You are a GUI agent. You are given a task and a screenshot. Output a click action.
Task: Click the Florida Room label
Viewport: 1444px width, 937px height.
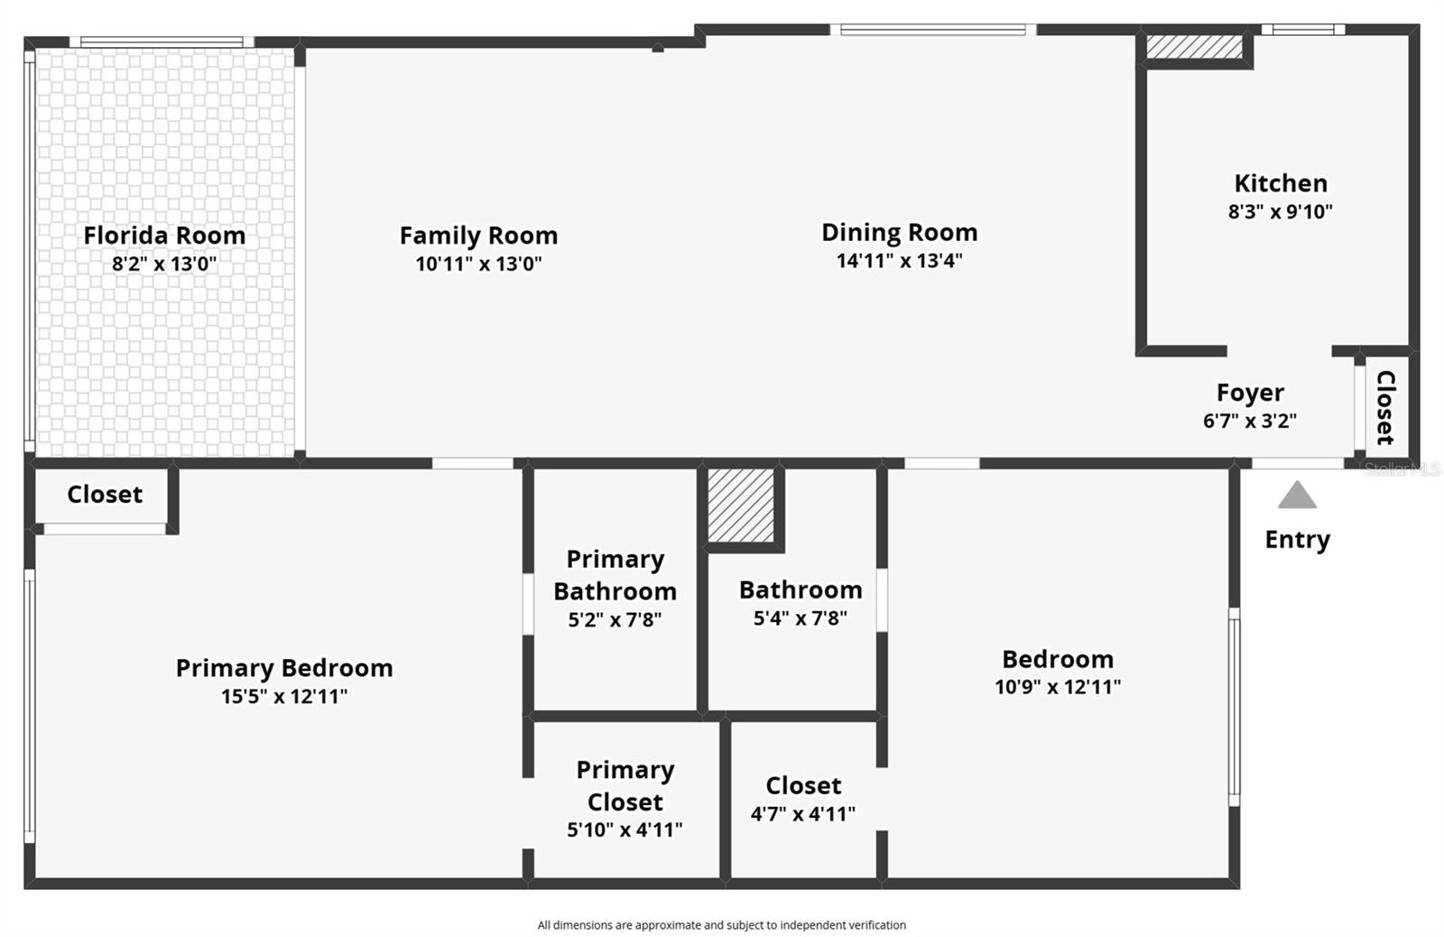click(x=164, y=236)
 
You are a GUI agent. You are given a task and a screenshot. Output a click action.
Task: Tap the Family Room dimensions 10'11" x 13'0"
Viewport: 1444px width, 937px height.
click(x=478, y=264)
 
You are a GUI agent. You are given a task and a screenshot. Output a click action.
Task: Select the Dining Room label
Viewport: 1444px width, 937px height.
click(x=899, y=232)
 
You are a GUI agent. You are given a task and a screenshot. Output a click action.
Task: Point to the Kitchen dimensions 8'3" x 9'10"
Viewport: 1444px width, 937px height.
click(x=1281, y=211)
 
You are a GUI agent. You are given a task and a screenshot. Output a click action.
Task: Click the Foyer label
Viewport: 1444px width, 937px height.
click(x=1250, y=393)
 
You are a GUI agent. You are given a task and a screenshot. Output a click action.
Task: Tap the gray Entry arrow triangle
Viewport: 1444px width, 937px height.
click(x=1297, y=496)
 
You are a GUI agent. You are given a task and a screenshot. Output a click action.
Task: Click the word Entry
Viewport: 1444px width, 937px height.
click(x=1297, y=540)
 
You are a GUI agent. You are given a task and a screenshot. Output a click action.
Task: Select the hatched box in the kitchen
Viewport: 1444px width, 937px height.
click(x=1194, y=46)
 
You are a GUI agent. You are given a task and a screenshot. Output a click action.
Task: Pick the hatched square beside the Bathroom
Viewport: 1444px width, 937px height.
click(x=741, y=506)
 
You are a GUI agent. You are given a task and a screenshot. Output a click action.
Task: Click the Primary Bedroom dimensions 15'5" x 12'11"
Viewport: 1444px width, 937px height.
click(x=284, y=697)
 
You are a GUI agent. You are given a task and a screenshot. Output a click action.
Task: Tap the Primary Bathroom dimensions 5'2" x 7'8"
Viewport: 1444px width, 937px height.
click(x=615, y=620)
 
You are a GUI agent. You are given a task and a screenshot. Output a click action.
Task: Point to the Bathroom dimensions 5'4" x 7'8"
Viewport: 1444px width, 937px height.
click(x=800, y=617)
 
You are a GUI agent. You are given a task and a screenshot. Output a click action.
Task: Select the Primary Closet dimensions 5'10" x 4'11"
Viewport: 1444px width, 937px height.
click(x=625, y=830)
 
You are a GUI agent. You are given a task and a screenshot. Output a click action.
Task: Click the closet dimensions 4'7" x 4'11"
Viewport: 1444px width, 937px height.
click(x=802, y=814)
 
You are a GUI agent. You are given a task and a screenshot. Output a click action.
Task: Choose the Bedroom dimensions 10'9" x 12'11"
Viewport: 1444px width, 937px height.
click(x=1058, y=687)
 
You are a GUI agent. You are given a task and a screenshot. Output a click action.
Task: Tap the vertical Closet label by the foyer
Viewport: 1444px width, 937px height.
click(x=1385, y=407)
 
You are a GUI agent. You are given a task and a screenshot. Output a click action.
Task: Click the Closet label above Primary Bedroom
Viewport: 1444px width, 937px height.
click(x=105, y=495)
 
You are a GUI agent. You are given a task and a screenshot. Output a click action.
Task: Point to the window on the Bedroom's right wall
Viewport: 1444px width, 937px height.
click(x=1234, y=707)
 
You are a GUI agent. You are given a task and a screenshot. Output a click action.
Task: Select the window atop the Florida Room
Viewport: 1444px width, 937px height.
click(x=162, y=42)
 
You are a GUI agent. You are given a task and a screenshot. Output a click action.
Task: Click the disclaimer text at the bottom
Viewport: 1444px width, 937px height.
click(x=722, y=925)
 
